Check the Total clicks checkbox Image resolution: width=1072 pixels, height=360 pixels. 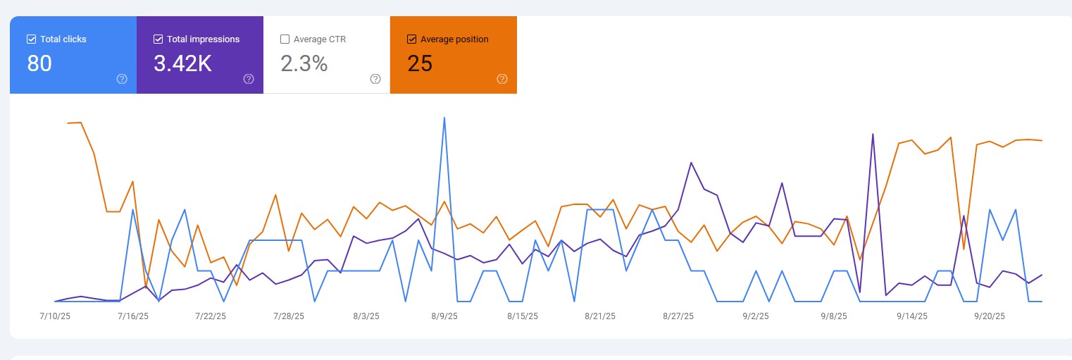(31, 39)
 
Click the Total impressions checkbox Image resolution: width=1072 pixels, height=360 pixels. (158, 39)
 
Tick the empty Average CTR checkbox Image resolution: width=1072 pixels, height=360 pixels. (285, 39)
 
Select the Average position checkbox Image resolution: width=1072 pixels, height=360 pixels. (412, 39)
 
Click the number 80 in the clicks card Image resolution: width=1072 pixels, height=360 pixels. (39, 64)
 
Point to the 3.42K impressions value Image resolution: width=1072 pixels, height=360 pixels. (182, 64)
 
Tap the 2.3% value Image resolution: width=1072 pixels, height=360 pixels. (304, 64)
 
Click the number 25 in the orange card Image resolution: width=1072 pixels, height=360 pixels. (420, 64)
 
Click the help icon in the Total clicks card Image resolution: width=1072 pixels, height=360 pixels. (122, 79)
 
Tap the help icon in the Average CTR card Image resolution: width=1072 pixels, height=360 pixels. (375, 79)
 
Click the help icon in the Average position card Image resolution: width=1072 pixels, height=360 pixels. (502, 79)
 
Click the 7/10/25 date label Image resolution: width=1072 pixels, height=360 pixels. (55, 316)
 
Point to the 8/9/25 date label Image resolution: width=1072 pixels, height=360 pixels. (444, 316)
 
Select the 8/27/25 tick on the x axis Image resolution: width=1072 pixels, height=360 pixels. (678, 316)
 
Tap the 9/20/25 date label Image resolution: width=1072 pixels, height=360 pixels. (990, 316)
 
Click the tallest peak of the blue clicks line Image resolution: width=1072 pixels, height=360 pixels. (444, 118)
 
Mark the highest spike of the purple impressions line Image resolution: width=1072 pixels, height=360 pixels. (873, 134)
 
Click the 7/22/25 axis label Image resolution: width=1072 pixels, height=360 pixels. (211, 316)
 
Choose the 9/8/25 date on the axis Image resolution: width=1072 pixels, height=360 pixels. (834, 316)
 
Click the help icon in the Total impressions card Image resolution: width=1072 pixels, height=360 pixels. (249, 79)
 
